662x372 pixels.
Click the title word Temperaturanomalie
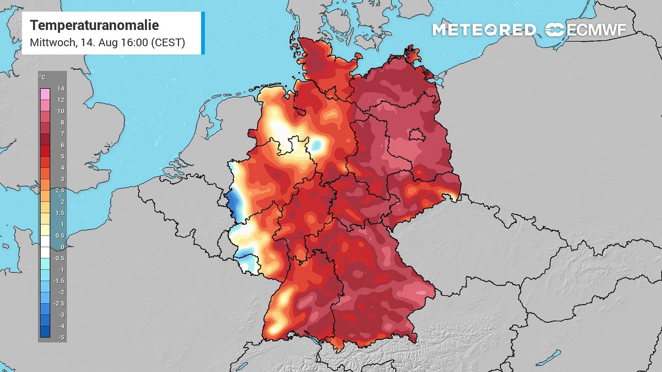(94, 25)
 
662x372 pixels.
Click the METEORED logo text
(484, 30)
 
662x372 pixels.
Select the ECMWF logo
(585, 30)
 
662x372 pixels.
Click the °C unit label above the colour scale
(42, 78)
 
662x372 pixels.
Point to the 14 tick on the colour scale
(60, 88)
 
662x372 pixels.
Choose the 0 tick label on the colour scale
(61, 247)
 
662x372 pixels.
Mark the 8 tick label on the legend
(61, 122)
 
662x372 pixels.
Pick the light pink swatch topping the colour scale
(45, 94)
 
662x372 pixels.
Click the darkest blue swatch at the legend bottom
(45, 332)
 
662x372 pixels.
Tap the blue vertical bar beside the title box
(203, 33)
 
